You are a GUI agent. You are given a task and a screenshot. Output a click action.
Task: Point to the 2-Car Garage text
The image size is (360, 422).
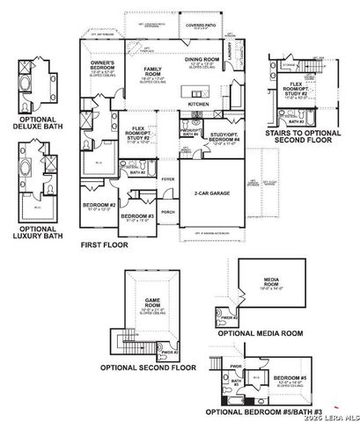[211, 193]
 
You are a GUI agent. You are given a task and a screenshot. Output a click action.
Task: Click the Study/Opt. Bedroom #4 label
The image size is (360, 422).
[226, 138]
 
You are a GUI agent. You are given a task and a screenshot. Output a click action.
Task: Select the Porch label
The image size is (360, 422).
[168, 212]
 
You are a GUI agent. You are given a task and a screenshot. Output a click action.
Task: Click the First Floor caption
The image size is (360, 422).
[104, 245]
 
